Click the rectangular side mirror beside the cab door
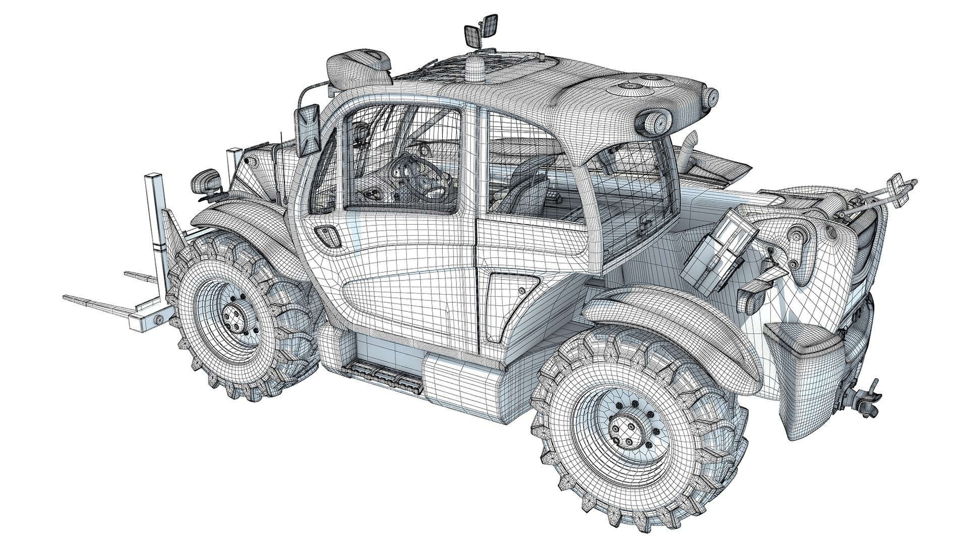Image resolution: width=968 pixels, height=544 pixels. pyautogui.click(x=308, y=129)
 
